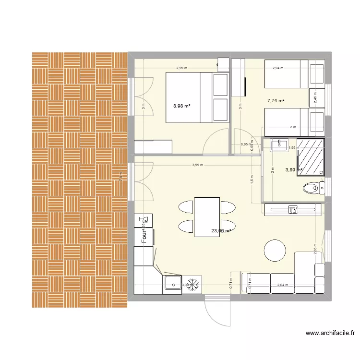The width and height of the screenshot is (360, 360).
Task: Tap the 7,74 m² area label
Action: coord(276,101)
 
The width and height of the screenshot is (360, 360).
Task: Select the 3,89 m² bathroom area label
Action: coord(293,169)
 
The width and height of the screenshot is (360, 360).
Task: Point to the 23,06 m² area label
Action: coord(221,231)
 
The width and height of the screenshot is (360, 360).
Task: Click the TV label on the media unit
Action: coord(292,209)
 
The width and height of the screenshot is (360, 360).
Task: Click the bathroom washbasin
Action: coord(278,144)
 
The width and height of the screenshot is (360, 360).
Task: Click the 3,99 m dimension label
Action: coord(197,165)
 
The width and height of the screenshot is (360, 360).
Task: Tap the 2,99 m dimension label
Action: coord(182,68)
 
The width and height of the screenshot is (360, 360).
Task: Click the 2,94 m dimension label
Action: coord(278,68)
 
